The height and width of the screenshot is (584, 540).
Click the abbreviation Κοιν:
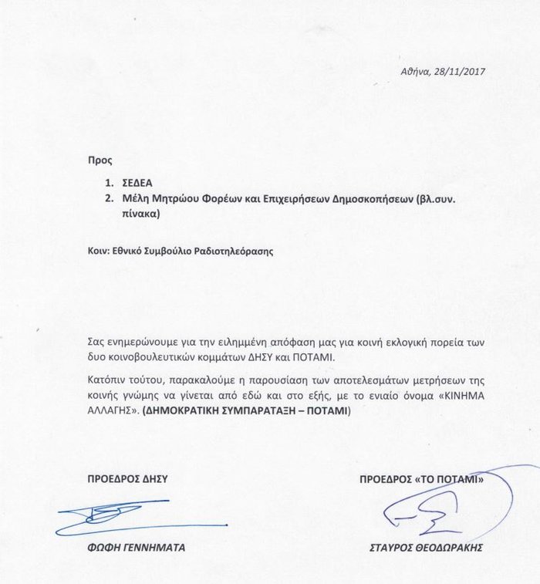coord(101,251)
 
